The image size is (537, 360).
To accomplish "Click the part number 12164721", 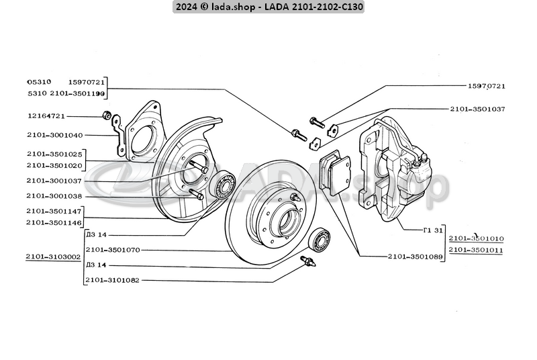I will point(46,116).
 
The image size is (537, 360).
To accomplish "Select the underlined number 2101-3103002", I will point(54,257).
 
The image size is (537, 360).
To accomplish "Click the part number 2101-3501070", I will point(113,249).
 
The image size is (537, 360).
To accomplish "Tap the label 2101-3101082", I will point(113,280).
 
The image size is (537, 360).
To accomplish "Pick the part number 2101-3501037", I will point(477,108).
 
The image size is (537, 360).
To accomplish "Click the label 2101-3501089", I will point(415,257).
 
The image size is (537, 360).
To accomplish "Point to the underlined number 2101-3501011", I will point(476,250).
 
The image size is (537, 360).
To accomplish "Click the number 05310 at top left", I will point(39,81).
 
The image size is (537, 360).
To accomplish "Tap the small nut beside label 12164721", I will point(106,115).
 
